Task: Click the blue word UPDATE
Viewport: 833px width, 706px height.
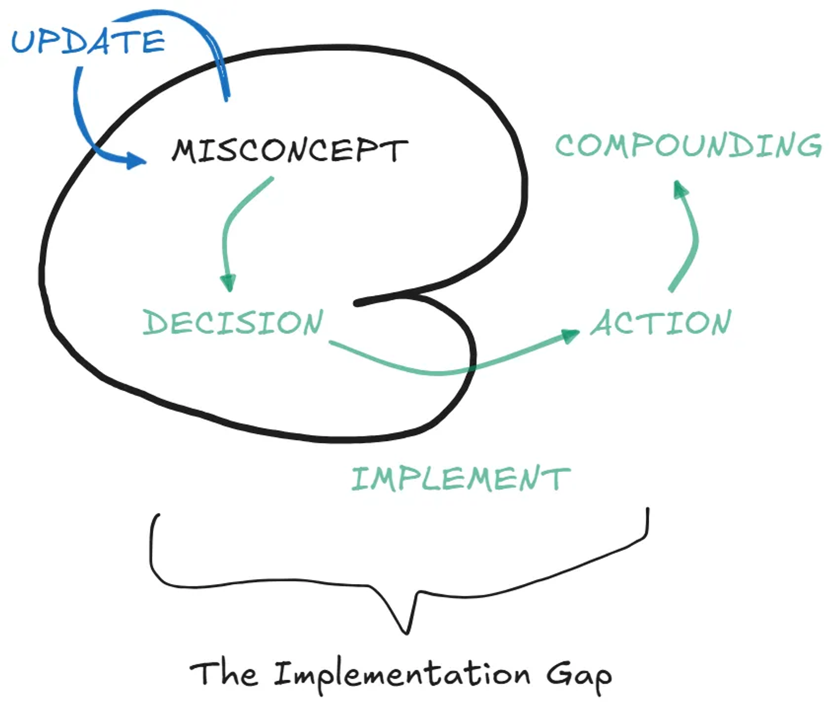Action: (88, 42)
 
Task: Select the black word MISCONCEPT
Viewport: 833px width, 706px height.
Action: (290, 150)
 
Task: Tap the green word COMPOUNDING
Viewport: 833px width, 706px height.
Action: (688, 145)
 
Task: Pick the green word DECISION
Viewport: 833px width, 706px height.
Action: (233, 322)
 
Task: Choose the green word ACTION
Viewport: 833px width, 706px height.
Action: (661, 322)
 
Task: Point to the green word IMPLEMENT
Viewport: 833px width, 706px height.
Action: (461, 479)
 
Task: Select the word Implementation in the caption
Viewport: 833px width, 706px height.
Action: (402, 675)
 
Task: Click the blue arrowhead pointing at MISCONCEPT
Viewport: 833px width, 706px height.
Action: (136, 161)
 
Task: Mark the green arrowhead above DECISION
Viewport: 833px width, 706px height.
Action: (228, 283)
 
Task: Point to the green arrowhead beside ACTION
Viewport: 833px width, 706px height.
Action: (570, 336)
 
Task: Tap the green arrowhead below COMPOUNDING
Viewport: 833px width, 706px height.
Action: (680, 189)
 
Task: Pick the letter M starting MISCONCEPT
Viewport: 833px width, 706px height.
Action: (184, 151)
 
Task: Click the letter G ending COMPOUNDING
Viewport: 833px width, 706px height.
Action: (810, 146)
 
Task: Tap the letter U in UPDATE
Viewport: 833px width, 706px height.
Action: (23, 42)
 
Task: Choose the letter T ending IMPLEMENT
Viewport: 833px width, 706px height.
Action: (560, 479)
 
